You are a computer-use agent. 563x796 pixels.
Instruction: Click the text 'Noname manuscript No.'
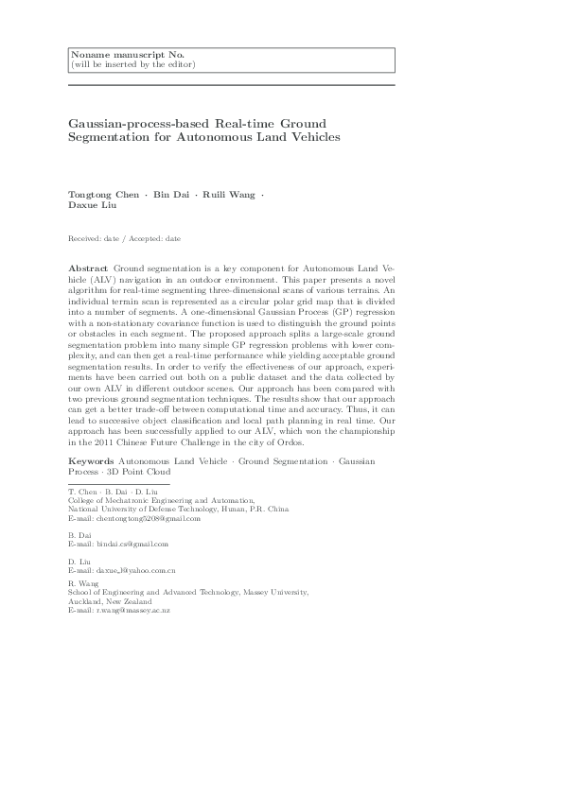tap(112, 55)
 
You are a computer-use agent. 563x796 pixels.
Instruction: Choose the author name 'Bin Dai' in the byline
tap(171, 194)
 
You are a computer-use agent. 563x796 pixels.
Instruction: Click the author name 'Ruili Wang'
tap(230, 194)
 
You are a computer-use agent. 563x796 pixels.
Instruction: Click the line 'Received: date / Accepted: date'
tap(125, 240)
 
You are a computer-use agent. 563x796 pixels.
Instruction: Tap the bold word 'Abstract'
tap(89, 269)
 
